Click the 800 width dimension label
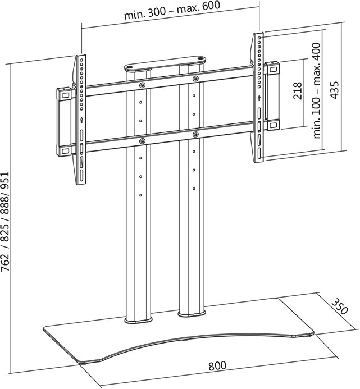point(217,365)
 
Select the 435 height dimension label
point(335,90)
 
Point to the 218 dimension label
point(298,91)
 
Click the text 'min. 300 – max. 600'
point(172,10)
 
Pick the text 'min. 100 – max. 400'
point(317,91)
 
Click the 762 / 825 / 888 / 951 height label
point(5,221)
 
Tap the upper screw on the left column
point(142,85)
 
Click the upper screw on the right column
point(195,79)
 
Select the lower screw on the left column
point(142,141)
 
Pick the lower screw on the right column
point(195,135)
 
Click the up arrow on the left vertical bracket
point(81,120)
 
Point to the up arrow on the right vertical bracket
point(259,98)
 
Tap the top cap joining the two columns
point(165,63)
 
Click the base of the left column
point(138,321)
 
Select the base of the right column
point(192,313)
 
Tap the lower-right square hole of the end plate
point(272,124)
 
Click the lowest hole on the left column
point(140,195)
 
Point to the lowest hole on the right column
point(194,189)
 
